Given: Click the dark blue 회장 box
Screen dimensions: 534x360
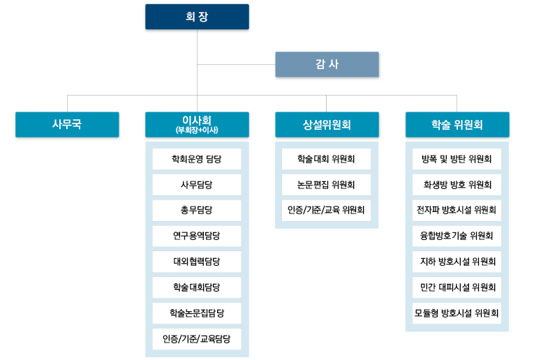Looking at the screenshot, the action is [x=197, y=17].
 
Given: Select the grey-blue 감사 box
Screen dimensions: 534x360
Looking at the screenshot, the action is [x=327, y=64].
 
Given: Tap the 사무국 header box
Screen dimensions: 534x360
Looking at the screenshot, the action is [x=67, y=125].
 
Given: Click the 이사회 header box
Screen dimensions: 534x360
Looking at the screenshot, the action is [x=197, y=125].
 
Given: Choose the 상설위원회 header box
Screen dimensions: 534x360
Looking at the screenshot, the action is [x=327, y=125].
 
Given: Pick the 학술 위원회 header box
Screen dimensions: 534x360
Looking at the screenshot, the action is [x=457, y=125].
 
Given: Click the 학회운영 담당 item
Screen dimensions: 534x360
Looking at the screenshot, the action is [x=197, y=159].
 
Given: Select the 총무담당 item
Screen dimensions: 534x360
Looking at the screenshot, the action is [x=197, y=210].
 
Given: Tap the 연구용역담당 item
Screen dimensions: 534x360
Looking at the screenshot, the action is [x=197, y=236].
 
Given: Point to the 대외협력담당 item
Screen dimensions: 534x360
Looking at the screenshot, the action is [x=197, y=262].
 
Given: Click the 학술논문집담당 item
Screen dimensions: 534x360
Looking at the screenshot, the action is [x=197, y=313].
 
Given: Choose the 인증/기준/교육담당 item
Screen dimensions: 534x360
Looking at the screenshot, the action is [x=197, y=339].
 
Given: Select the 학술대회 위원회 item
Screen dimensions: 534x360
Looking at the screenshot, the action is [x=326, y=159].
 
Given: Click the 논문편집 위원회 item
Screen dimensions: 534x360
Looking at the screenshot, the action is [x=326, y=185].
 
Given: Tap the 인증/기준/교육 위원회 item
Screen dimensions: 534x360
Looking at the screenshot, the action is [x=326, y=210].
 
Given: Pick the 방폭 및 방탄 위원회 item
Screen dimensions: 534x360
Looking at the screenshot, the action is [x=457, y=159].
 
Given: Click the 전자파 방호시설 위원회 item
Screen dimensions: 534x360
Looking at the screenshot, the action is [x=457, y=210].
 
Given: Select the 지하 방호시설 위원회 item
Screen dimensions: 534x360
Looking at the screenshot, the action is [x=457, y=262].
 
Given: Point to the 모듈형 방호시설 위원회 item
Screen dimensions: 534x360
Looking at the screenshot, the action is [x=457, y=313].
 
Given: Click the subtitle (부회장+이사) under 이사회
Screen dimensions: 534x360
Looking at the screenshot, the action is [x=197, y=130].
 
